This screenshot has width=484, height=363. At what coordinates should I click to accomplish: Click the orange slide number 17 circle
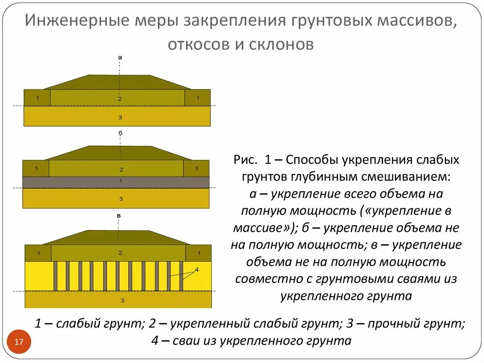click(19, 342)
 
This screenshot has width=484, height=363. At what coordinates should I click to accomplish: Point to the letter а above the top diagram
click(120, 57)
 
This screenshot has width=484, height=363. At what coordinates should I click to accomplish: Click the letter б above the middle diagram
click(120, 133)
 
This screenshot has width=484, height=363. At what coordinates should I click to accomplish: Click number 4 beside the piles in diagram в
click(197, 269)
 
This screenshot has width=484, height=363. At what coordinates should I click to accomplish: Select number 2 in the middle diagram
click(121, 169)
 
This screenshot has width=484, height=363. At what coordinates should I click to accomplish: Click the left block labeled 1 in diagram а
click(36, 97)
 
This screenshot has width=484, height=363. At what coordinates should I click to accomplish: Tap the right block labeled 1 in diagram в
click(199, 253)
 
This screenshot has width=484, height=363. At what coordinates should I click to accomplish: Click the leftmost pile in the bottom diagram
click(55, 276)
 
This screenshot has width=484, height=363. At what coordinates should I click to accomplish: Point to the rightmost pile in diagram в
click(181, 276)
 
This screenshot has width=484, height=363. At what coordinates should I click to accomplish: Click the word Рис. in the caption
click(244, 160)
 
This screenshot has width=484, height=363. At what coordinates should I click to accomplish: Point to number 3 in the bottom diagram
click(122, 300)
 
